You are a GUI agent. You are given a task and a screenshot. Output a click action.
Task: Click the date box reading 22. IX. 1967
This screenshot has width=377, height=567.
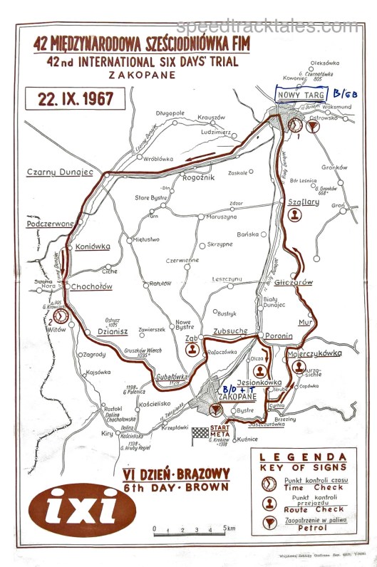coord(71,98)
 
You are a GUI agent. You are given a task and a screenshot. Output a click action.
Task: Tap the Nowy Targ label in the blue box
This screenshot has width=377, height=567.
coord(299,95)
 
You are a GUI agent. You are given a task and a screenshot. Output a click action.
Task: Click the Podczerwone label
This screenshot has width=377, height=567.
coord(49,224)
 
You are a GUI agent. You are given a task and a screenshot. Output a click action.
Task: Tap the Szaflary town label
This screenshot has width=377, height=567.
coord(303,202)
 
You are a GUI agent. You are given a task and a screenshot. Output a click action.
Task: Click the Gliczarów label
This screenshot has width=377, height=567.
coord(293,282)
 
